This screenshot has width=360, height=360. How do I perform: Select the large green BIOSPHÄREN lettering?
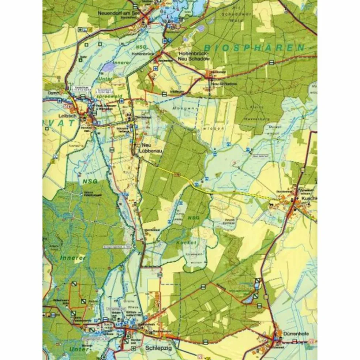pos(254,47)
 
